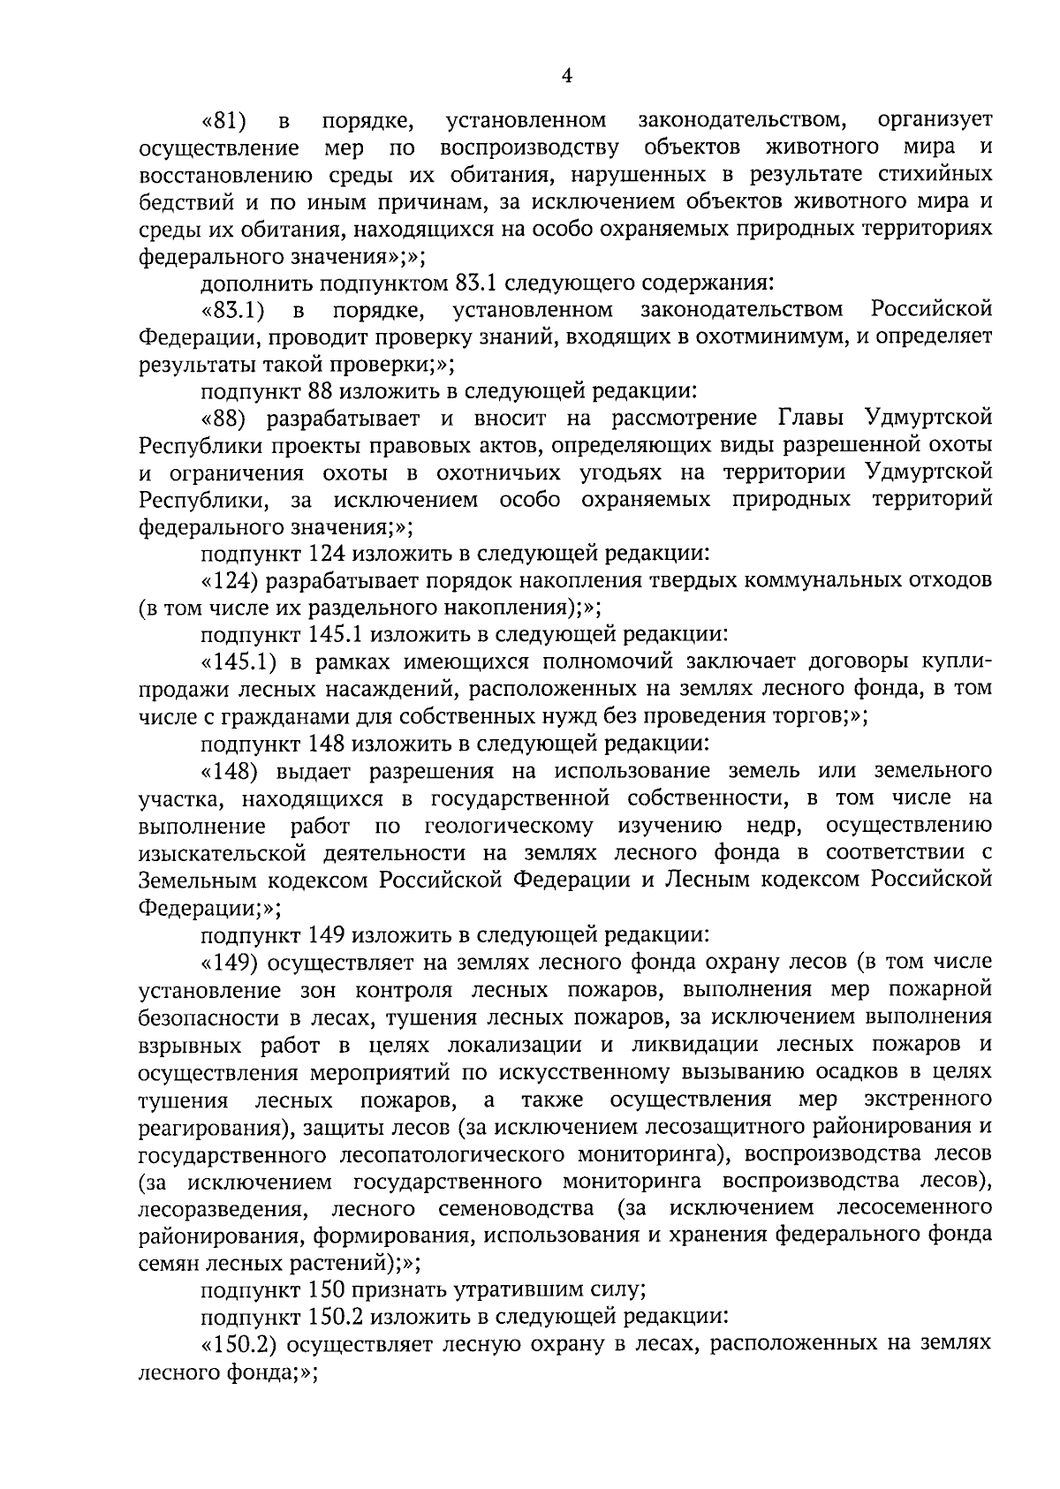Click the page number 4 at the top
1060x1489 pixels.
pyautogui.click(x=567, y=77)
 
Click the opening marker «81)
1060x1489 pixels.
pyautogui.click(x=224, y=119)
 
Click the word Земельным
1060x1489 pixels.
pyautogui.click(x=198, y=881)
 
